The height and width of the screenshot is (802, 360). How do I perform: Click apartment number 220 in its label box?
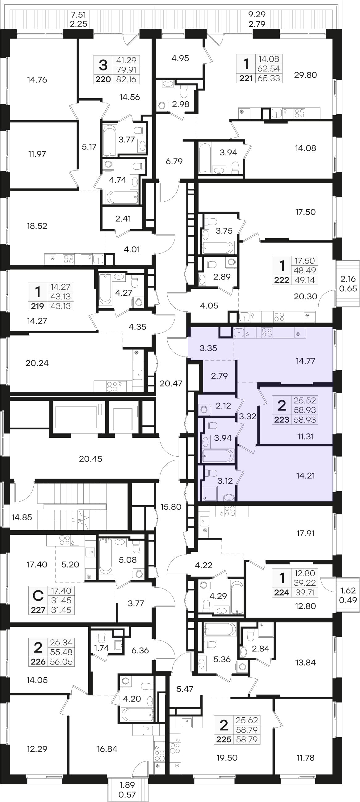click(103, 79)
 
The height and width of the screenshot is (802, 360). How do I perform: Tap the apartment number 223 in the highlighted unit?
click(282, 420)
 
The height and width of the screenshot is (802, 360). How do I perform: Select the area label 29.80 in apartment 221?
click(305, 75)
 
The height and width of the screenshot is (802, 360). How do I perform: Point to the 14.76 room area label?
click(37, 80)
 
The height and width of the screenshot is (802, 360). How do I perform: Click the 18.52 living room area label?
click(37, 226)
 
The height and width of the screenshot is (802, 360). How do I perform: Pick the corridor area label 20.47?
click(171, 384)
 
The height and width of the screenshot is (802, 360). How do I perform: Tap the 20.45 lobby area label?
click(90, 459)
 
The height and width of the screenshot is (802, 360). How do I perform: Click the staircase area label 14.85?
click(22, 517)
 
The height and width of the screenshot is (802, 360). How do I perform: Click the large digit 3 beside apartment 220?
click(103, 65)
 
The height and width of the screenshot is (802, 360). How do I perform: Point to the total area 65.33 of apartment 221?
click(269, 78)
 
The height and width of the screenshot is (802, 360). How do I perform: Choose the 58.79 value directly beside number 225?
click(247, 739)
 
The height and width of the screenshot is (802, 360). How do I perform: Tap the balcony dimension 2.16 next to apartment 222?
click(348, 279)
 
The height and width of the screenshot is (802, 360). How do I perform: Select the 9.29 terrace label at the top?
click(257, 14)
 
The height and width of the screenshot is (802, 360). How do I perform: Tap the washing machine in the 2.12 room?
click(204, 409)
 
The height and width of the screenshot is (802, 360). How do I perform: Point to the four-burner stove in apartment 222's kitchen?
click(279, 317)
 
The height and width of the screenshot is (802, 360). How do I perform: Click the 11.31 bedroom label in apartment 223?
click(305, 437)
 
